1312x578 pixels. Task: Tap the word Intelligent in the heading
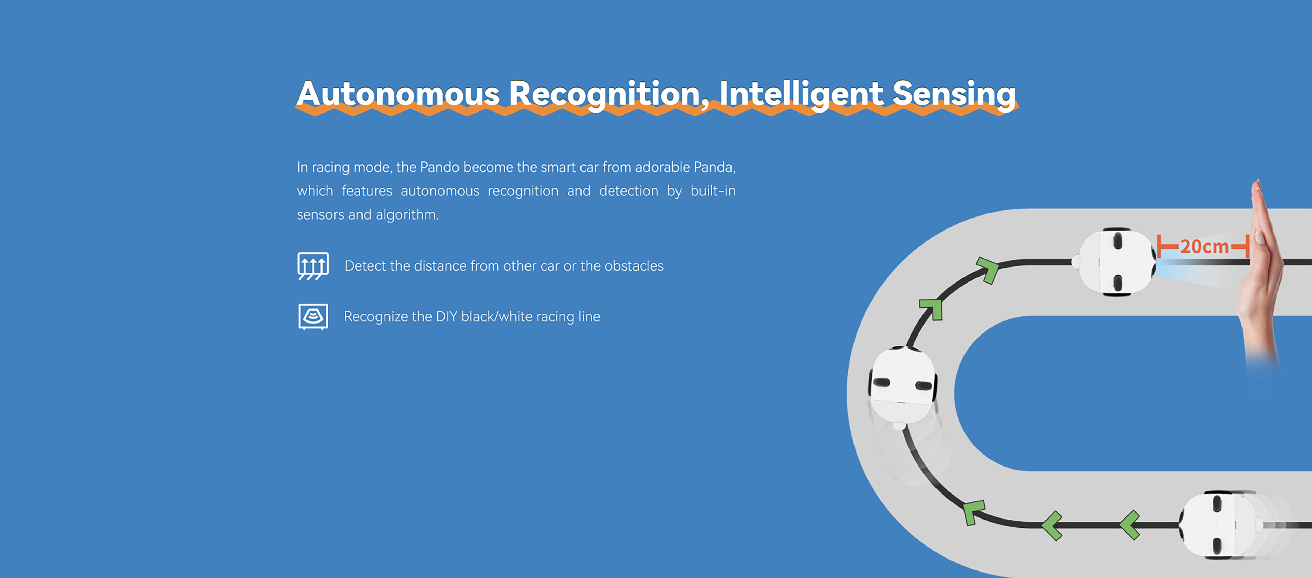tap(801, 94)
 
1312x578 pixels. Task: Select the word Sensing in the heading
tap(954, 94)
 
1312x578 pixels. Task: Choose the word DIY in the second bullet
tap(447, 316)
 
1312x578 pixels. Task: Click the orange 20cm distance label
tap(1204, 247)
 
